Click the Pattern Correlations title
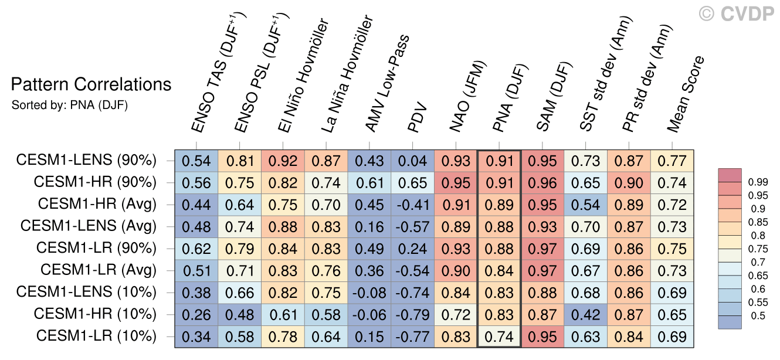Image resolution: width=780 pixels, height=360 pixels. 91,85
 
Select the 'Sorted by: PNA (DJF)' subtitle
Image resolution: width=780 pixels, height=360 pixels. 69,106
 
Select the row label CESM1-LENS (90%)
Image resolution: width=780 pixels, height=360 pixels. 86,160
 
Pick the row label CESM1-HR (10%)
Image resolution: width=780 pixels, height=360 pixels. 95,314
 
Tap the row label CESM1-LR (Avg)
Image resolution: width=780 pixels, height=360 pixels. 98,270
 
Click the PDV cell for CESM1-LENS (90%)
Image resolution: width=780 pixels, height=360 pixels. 413,161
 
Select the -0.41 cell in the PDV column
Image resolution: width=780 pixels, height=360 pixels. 413,205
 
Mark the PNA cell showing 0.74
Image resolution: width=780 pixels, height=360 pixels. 500,337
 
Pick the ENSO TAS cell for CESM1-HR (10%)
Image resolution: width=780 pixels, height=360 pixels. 196,314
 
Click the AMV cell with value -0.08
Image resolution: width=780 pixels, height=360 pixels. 369,293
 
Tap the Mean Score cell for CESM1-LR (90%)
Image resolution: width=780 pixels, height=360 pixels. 672,249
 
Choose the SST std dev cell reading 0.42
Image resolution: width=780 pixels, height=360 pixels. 586,314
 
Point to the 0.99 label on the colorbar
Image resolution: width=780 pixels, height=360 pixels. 758,182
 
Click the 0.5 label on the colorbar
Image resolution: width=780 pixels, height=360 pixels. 756,316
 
